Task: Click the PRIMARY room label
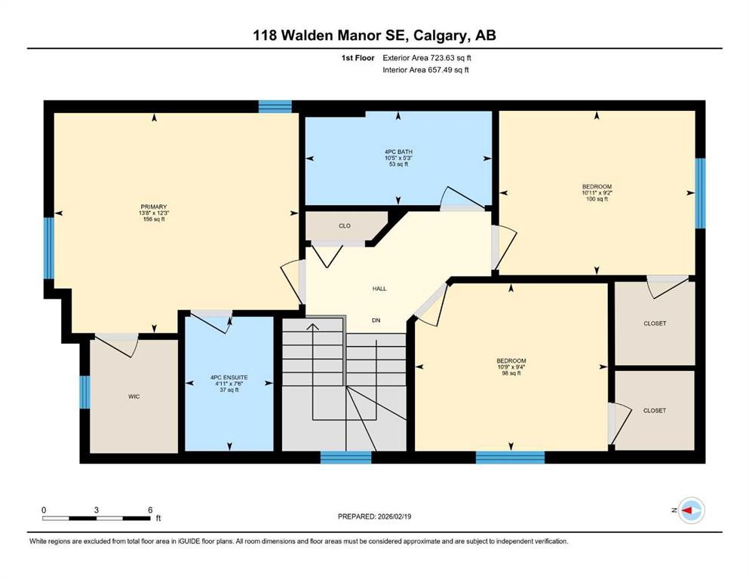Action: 153,207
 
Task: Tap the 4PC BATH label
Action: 398,152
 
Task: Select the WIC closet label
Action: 134,397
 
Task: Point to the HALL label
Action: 379,289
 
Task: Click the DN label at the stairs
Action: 376,320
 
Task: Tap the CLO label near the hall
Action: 345,225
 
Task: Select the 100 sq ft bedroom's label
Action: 596,187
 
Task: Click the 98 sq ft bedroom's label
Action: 511,361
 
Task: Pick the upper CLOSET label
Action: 654,323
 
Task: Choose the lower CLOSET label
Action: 654,411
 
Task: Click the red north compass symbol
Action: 689,510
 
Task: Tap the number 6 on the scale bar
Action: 150,510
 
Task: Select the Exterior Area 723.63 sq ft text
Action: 431,57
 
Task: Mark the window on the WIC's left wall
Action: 85,392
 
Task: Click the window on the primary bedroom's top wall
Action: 275,106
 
